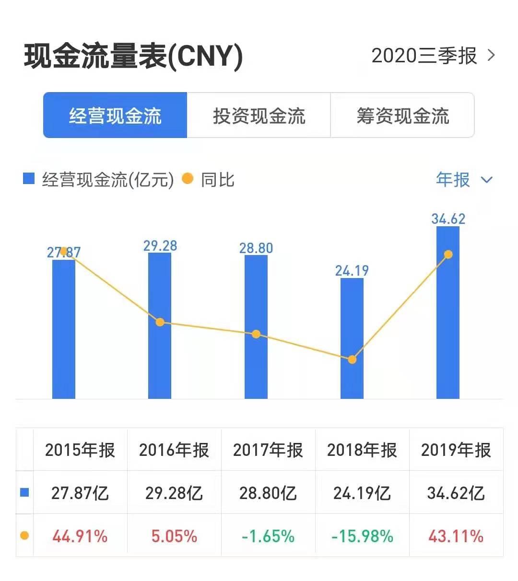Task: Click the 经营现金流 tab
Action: click(x=115, y=116)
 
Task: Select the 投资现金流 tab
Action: click(x=259, y=116)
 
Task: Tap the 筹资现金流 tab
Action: click(x=402, y=116)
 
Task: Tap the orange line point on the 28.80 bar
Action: click(x=256, y=334)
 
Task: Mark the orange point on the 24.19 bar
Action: click(x=352, y=360)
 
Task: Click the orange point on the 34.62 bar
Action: click(x=448, y=254)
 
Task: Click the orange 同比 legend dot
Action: click(x=188, y=179)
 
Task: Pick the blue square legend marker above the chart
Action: click(x=29, y=179)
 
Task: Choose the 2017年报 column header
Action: click(x=268, y=450)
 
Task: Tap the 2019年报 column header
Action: click(x=456, y=450)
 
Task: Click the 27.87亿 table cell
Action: click(x=80, y=493)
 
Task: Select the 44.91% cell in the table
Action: click(x=80, y=536)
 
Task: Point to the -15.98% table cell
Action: click(x=362, y=536)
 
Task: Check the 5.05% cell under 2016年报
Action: click(x=174, y=536)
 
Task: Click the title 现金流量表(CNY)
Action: click(x=133, y=57)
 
